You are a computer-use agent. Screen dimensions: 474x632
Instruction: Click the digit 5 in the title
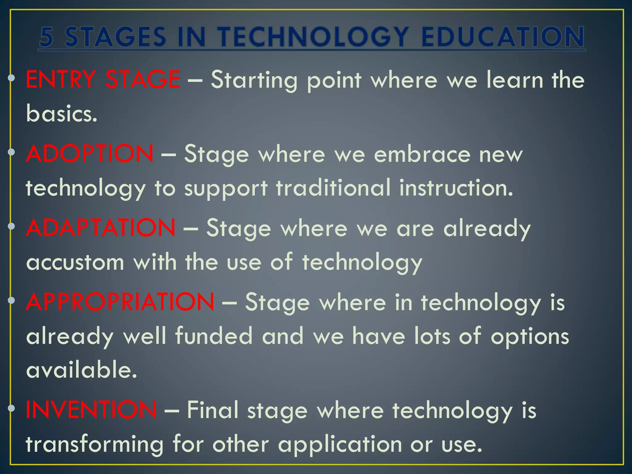(x=47, y=37)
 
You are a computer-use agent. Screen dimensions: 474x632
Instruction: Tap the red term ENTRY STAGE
(x=103, y=80)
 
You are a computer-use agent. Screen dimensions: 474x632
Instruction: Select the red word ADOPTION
(x=89, y=153)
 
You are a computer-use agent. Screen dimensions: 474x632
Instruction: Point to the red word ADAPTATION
(x=101, y=227)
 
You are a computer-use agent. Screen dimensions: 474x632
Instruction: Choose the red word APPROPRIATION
(x=120, y=301)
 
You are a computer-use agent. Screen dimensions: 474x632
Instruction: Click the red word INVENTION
(x=91, y=410)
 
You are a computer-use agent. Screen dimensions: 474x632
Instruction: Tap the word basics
(x=62, y=113)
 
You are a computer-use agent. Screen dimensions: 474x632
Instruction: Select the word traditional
(x=333, y=187)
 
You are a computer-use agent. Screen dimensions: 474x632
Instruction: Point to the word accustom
(x=75, y=262)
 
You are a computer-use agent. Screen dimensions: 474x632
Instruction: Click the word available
(x=81, y=369)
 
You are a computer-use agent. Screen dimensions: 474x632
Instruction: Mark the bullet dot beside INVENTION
(x=11, y=408)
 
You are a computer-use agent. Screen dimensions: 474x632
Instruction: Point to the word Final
(x=213, y=410)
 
